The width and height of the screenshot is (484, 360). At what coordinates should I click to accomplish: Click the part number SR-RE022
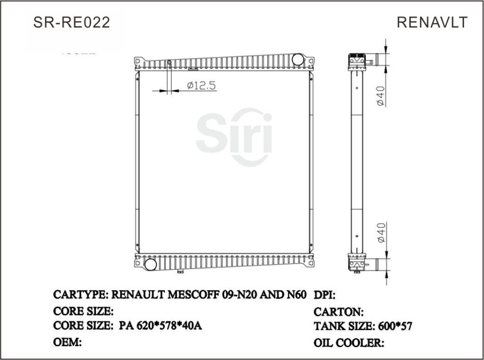[x=72, y=22]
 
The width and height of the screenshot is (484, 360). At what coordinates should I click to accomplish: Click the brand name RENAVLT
[x=432, y=22]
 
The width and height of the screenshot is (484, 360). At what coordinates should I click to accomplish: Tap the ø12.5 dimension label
[x=201, y=86]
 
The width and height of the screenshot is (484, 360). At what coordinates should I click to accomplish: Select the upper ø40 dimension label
[x=381, y=96]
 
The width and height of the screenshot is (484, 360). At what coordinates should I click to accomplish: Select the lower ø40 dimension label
[x=381, y=232]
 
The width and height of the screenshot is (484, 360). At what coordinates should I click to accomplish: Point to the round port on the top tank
[x=297, y=60]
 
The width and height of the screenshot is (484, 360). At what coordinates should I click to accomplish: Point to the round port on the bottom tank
[x=150, y=264]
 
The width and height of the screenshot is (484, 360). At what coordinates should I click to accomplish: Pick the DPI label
[x=325, y=296]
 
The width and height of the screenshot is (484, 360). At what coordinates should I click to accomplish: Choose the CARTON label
[x=338, y=312]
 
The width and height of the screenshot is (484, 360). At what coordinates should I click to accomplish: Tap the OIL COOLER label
[x=348, y=343]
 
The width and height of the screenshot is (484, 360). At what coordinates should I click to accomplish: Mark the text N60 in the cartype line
[x=296, y=295]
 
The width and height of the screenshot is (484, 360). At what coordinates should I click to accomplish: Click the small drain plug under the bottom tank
[x=180, y=271]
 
